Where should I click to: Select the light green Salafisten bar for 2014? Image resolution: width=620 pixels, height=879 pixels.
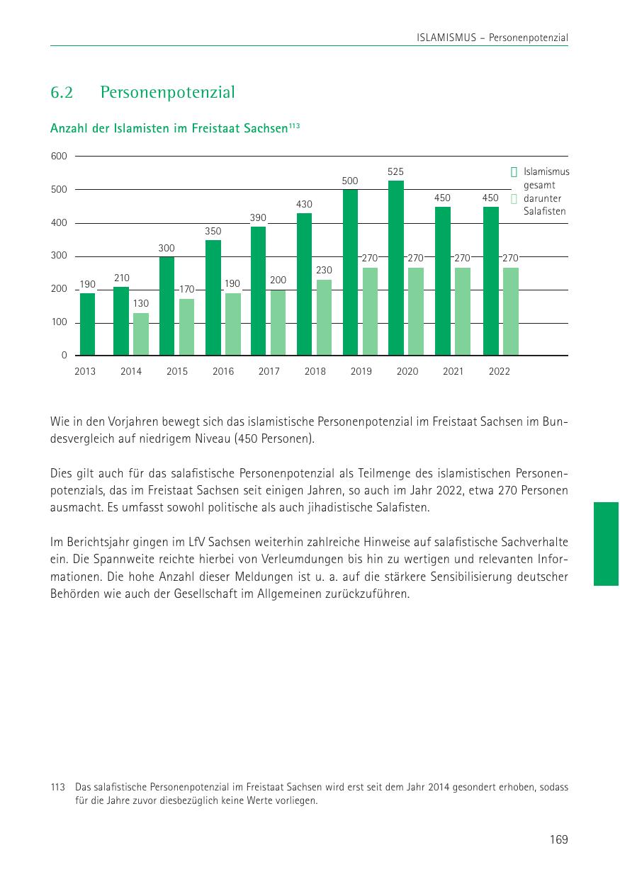pos(141,334)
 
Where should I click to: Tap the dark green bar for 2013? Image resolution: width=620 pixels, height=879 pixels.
pos(87,324)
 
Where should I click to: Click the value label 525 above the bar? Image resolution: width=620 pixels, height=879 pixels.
pos(396,172)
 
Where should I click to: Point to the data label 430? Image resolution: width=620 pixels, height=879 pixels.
pos(304,205)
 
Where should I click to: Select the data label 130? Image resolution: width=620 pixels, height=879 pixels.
pos(141,303)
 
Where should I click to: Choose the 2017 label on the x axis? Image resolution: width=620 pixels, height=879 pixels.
pos(269,371)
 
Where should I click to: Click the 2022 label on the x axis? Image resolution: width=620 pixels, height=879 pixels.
pos(499,371)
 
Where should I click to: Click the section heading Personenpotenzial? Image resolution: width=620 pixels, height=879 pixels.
pos(168,93)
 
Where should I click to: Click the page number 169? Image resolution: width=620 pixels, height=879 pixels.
pos(558,839)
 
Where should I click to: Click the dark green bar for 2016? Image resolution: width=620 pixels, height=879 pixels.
pos(213,297)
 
